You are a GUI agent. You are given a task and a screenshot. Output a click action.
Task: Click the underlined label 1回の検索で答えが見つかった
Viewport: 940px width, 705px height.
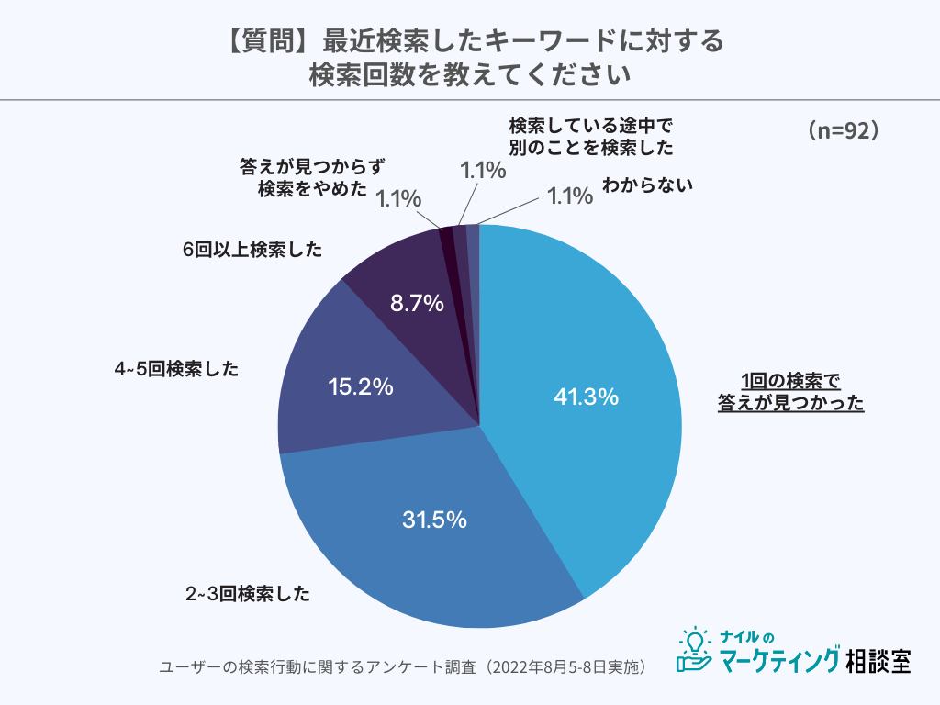(x=790, y=392)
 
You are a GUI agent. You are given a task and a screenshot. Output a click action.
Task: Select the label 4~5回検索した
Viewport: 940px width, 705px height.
(x=176, y=369)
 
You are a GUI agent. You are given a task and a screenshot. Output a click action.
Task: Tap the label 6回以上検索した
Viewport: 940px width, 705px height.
(x=252, y=250)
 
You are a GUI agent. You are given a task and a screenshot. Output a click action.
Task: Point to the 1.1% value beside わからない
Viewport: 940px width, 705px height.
(x=570, y=196)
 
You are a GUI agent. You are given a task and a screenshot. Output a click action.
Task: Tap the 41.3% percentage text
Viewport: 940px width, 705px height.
(x=587, y=397)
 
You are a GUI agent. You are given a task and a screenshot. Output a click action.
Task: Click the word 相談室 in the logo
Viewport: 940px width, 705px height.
(x=878, y=659)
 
